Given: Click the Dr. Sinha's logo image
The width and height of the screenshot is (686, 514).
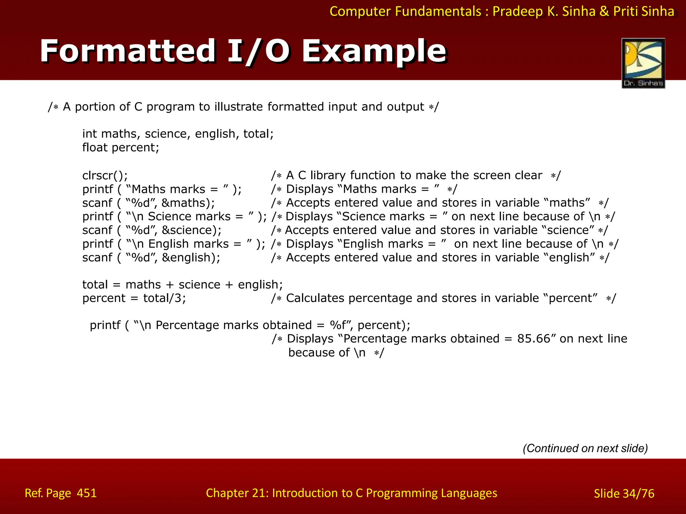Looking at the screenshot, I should coord(643,63).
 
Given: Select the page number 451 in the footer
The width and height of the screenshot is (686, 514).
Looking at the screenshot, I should coord(87,493).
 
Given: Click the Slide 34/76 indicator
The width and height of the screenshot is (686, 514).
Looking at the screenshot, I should coord(624,493).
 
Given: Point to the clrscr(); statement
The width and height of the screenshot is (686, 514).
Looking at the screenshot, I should coord(105,175).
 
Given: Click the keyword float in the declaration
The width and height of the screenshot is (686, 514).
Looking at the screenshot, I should coord(95,147).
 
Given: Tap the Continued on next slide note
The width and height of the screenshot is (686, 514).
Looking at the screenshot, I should coord(585,448).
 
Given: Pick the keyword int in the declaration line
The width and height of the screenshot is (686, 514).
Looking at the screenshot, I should coord(89,134).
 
